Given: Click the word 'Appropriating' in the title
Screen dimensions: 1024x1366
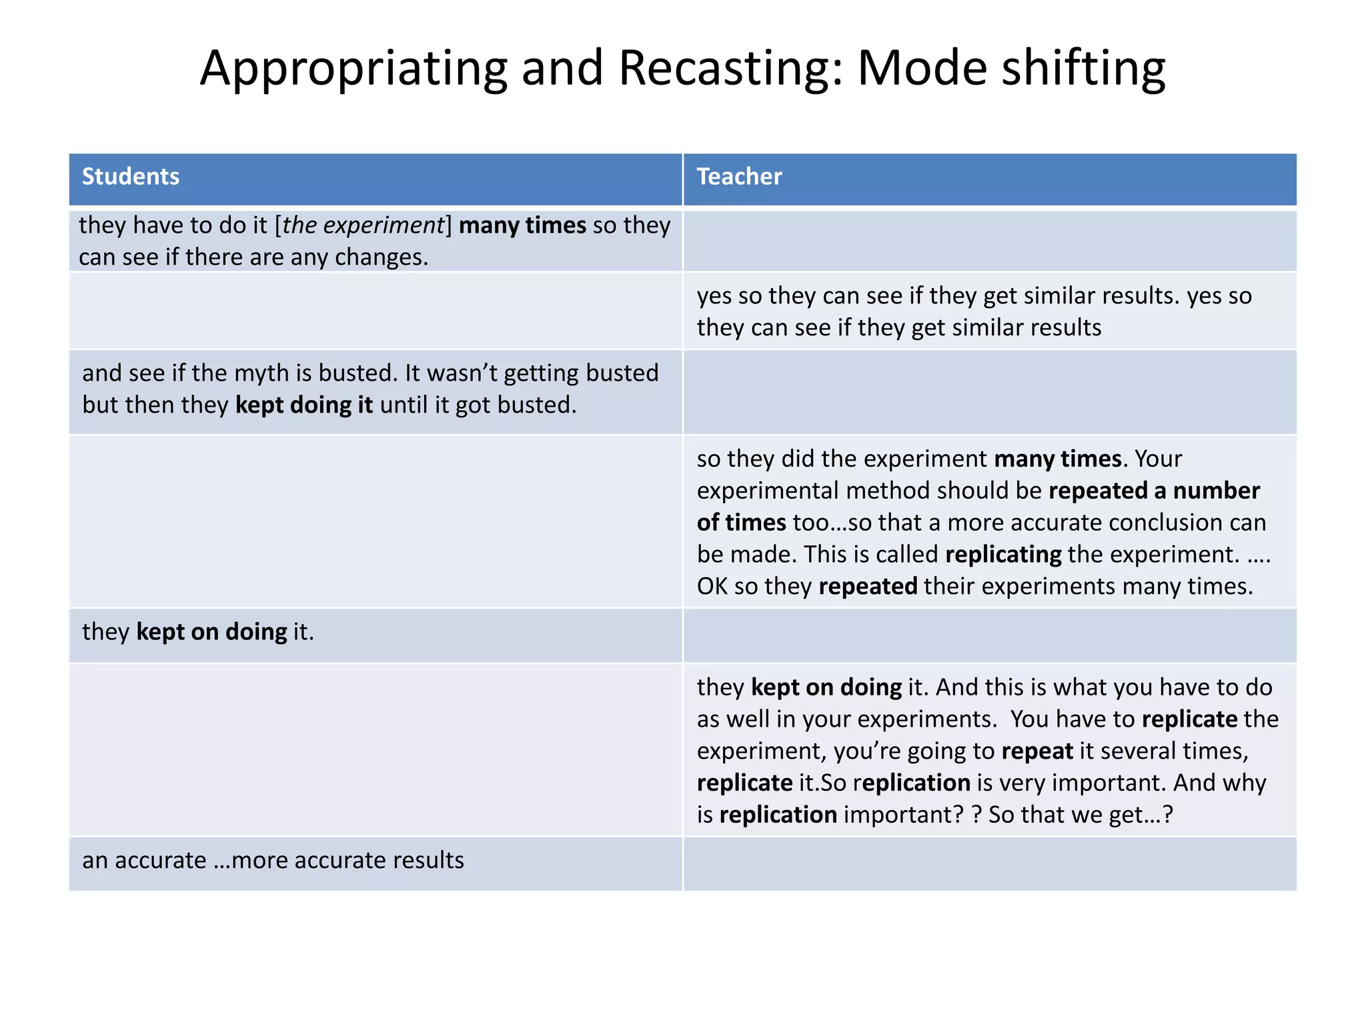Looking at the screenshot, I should (354, 69).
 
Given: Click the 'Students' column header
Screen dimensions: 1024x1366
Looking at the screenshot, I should (131, 177).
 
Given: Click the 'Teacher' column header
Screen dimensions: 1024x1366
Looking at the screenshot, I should (739, 177).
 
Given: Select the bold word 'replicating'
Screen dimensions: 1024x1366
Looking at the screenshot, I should (1003, 555).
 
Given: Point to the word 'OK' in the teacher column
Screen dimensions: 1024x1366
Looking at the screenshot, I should (712, 587).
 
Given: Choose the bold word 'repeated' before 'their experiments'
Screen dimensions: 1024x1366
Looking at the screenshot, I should (868, 587).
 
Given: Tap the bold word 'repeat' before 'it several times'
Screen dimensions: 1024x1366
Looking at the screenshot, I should (1037, 751).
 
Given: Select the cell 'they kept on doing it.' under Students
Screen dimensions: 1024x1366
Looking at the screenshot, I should (198, 632).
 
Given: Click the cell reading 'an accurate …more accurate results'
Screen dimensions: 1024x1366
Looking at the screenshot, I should (273, 861).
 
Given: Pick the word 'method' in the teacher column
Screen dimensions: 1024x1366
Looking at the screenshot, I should (887, 491).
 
